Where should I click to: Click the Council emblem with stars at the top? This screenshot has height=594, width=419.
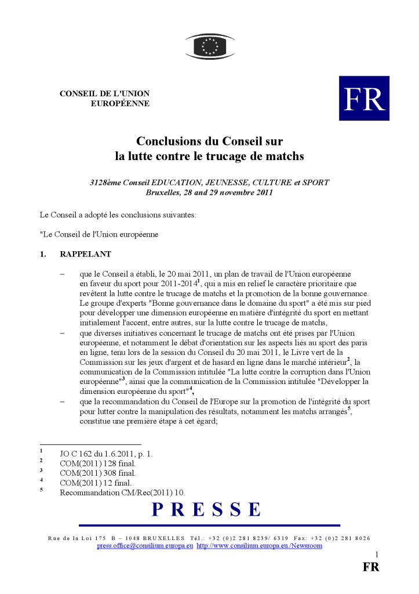coord(210,45)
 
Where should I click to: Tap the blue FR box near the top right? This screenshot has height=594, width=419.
coord(364,98)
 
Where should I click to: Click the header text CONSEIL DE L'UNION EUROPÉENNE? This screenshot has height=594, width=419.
coord(105,99)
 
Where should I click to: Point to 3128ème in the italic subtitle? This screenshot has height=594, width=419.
coord(105,182)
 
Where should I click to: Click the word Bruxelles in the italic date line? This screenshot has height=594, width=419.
coord(165,192)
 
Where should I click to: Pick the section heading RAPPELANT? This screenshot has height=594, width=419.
coord(86,254)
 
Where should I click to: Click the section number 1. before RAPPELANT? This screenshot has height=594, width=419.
coord(43,254)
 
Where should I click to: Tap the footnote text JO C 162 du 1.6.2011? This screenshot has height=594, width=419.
coord(106,454)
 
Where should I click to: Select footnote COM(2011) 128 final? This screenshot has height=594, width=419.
coord(97,463)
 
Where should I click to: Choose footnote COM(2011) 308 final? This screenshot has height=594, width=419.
coord(97,473)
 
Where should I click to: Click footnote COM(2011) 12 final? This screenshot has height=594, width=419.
coord(95,483)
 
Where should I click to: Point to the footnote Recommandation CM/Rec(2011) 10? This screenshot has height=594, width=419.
coord(122,492)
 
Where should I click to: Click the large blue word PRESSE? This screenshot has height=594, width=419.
coord(207,510)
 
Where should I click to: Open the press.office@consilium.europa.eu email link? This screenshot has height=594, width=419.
coord(145,546)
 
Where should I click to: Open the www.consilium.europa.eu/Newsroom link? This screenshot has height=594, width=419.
coord(259,546)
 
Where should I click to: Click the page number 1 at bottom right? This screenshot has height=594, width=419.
coord(377,555)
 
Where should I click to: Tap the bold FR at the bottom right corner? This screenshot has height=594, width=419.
coord(371,567)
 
